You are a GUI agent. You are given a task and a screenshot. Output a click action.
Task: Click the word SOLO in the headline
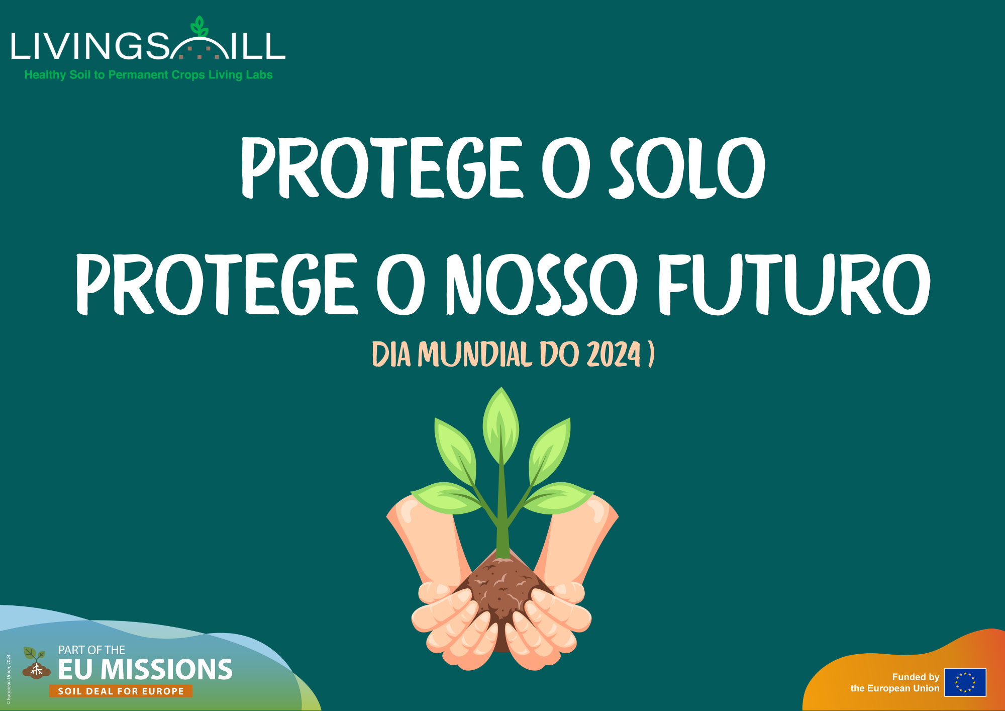tap(687, 167)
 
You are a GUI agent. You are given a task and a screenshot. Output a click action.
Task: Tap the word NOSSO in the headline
tap(542, 284)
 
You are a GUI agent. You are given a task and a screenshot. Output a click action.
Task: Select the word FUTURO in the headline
tap(794, 284)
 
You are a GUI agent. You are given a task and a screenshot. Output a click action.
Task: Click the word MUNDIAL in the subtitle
tap(475, 354)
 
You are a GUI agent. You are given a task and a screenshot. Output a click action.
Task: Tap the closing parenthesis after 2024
tap(651, 354)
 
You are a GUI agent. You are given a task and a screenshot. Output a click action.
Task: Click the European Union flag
tap(965, 682)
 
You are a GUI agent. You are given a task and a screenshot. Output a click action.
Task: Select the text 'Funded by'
tap(916, 677)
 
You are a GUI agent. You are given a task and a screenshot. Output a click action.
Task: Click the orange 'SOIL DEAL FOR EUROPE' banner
tap(121, 691)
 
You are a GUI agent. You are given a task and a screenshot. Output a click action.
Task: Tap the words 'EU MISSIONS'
tap(145, 670)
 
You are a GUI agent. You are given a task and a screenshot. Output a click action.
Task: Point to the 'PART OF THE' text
tap(91, 650)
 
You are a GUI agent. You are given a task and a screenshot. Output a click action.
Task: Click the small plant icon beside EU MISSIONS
tap(36, 663)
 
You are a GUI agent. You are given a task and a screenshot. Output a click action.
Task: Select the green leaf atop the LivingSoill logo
tap(199, 27)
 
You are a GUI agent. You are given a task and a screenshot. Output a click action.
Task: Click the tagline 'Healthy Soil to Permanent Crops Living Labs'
tap(149, 75)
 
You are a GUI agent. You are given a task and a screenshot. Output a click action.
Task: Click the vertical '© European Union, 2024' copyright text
tap(9, 679)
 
